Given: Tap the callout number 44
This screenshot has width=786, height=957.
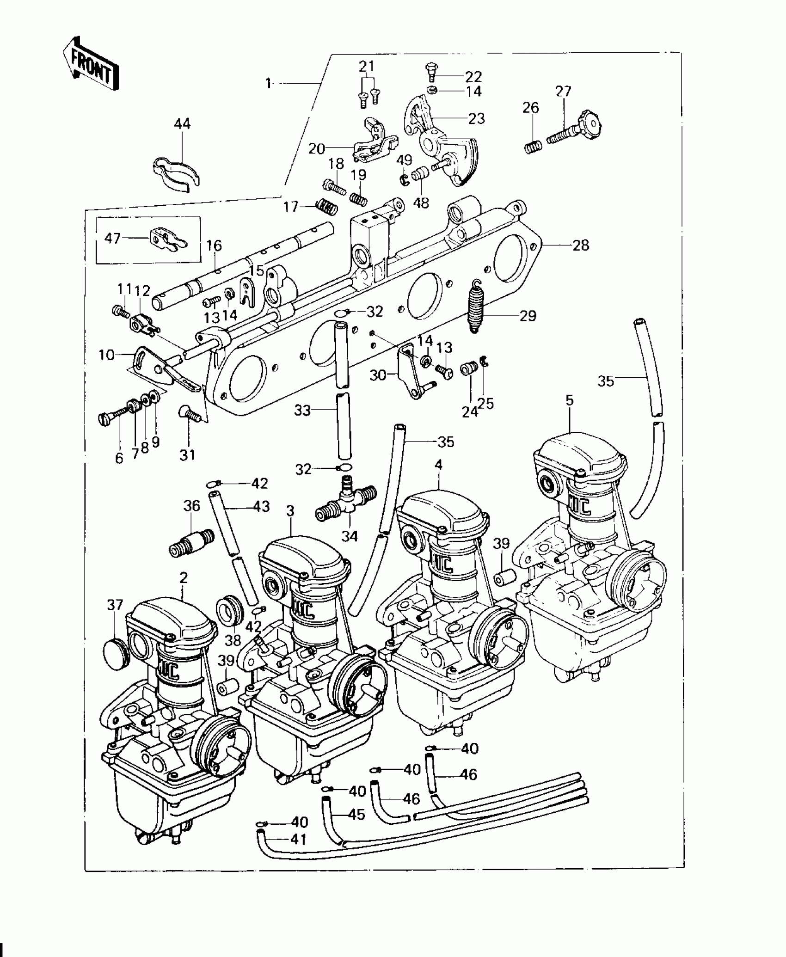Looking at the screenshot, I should tap(182, 124).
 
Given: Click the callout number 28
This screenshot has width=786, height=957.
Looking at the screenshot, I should tap(581, 245).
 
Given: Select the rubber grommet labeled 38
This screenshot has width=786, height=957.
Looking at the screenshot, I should tap(229, 612).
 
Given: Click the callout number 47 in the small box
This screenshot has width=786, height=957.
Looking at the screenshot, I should tap(112, 238).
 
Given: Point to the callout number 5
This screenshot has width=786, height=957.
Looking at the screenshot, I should tap(569, 400).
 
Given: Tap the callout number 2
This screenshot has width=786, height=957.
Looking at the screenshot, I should tap(184, 577).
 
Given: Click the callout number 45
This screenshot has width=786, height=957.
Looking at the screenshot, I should tap(357, 827).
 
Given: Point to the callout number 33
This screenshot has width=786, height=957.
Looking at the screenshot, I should tap(302, 410).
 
